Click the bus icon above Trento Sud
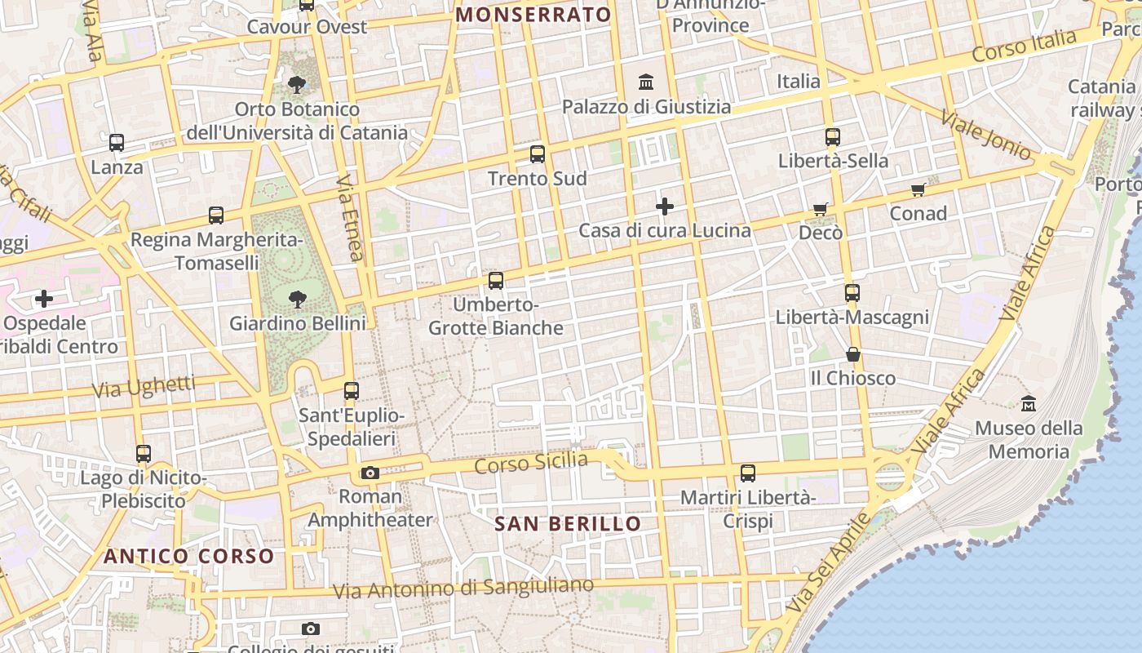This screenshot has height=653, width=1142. point(537,153)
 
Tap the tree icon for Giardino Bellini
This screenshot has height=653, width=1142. point(298,300)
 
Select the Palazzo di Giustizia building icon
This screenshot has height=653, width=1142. point(647,82)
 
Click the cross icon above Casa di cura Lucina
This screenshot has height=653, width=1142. point(665,207)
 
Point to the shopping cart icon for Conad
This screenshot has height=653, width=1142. point(918,190)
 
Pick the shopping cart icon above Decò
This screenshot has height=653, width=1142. point(821,210)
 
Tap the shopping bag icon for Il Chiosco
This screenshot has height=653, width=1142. point(852,354)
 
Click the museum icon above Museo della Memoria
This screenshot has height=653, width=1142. point(1029,403)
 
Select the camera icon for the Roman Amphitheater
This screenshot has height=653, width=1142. point(370,473)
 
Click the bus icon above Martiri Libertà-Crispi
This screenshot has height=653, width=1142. point(747,473)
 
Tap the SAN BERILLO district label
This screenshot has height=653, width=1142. point(568,524)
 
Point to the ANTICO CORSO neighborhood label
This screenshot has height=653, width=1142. point(188,557)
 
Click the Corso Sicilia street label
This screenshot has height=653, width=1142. point(531,463)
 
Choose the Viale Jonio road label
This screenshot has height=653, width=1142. point(985,133)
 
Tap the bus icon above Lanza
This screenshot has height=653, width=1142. point(117,143)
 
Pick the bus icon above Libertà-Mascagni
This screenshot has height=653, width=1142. point(852,292)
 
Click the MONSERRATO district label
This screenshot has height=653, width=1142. point(533,15)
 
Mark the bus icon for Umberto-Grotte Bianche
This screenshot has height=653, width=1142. point(495,281)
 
